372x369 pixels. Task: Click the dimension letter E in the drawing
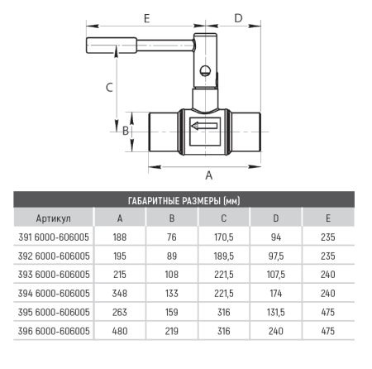click(x=146, y=17)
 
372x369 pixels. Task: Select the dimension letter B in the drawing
click(x=126, y=130)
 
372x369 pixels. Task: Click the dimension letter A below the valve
click(x=208, y=175)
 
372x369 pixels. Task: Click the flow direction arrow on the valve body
click(x=204, y=126)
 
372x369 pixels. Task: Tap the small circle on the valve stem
click(x=205, y=67)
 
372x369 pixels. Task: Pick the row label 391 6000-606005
click(x=54, y=237)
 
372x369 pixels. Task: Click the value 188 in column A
click(x=120, y=237)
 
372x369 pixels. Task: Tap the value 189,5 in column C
click(x=225, y=256)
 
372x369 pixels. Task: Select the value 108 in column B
click(x=172, y=275)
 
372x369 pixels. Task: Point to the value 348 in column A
click(x=120, y=294)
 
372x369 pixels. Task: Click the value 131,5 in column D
click(x=276, y=313)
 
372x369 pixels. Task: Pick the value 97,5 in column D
click(x=276, y=256)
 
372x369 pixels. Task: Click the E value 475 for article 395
click(x=328, y=313)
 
